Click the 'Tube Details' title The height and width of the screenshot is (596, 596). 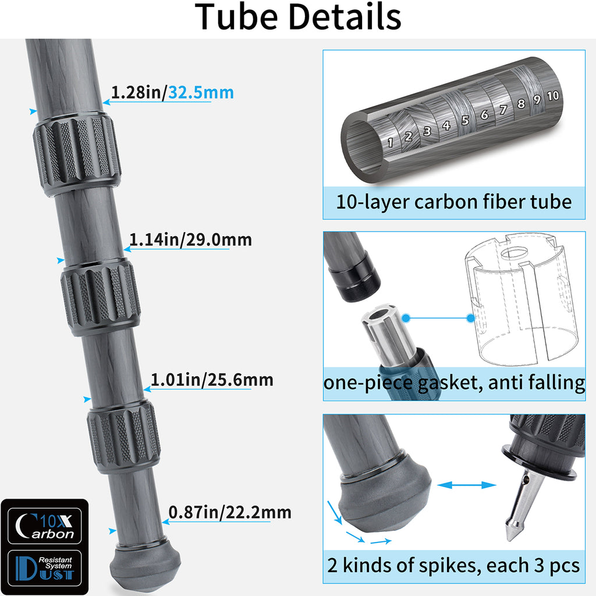coord(298,17)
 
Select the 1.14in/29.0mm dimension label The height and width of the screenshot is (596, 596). coord(190,239)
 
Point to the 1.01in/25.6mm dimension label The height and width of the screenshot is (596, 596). coord(212,380)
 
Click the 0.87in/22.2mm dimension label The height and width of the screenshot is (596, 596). coord(229,512)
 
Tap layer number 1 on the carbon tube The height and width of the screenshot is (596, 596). coord(391,142)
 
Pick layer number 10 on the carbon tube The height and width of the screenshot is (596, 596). coord(552,95)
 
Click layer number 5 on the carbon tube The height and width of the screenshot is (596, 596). coord(465,120)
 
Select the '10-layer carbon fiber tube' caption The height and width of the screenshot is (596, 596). coord(454,202)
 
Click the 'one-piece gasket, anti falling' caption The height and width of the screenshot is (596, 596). coord(454,383)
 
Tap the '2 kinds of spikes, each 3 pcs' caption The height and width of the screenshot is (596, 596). coord(454,565)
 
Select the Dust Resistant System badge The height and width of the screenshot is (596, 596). coord(44,568)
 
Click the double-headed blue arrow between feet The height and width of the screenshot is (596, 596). coord(466,485)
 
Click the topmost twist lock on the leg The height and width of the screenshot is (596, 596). coord(76,155)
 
